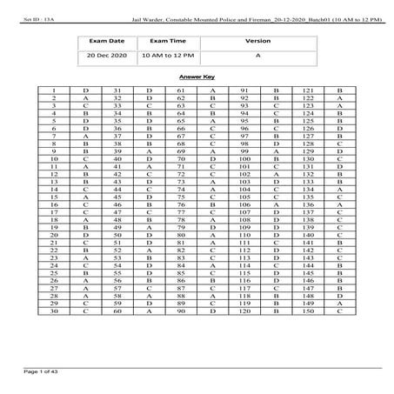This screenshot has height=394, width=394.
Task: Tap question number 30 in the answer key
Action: [x=54, y=311]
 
